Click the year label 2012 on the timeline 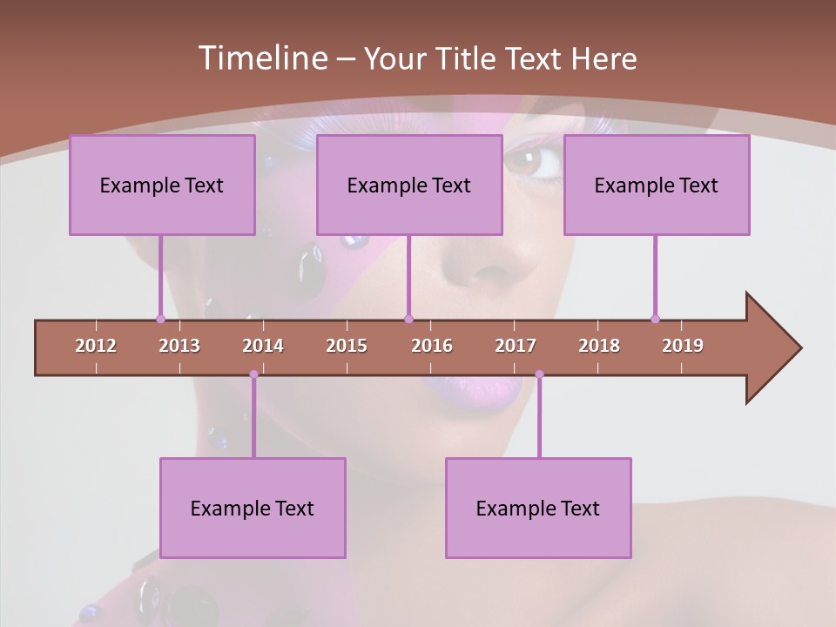click(x=96, y=346)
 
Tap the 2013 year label click(x=179, y=346)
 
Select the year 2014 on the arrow click(x=263, y=346)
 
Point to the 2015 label click(x=347, y=346)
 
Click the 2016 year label click(x=432, y=346)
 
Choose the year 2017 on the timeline click(x=516, y=346)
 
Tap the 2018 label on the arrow click(x=599, y=346)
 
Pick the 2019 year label click(x=683, y=346)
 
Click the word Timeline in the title click(x=261, y=58)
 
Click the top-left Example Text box click(x=162, y=185)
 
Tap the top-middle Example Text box click(x=409, y=185)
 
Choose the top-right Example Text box click(x=657, y=185)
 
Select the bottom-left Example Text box click(x=253, y=509)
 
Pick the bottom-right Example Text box click(x=538, y=509)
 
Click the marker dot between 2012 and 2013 click(x=160, y=319)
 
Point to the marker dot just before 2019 click(x=655, y=319)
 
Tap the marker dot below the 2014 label click(x=253, y=374)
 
